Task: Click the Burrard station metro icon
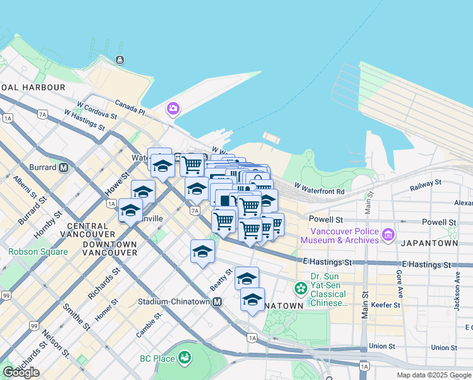click(x=63, y=168)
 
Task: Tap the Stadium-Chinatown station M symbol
click(x=217, y=302)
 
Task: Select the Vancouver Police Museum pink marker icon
click(x=388, y=235)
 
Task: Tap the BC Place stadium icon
click(x=184, y=358)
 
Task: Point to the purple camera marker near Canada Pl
click(x=173, y=109)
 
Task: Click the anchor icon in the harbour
click(x=120, y=60)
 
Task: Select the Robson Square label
click(x=38, y=251)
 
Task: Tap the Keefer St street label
click(x=385, y=305)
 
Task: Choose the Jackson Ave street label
click(x=457, y=291)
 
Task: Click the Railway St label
click(x=425, y=184)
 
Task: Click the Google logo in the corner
click(x=21, y=372)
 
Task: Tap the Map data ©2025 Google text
click(x=434, y=375)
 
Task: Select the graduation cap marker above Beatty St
click(x=202, y=251)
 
